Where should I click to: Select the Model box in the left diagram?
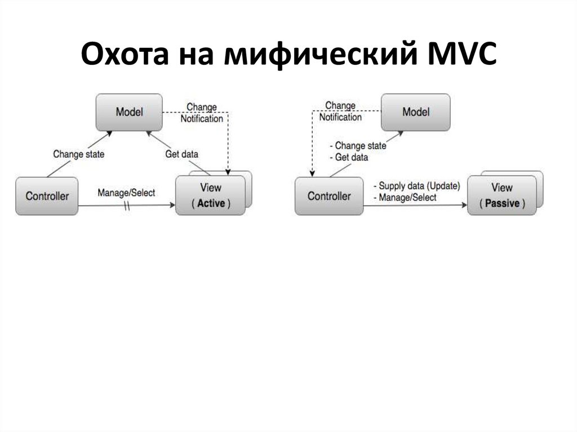tap(129, 112)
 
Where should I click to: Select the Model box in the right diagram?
tap(416, 112)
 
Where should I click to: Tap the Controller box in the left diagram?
tap(47, 196)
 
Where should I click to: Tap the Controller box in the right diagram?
tap(329, 196)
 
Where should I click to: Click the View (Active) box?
tap(210, 195)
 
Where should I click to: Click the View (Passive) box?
tap(501, 195)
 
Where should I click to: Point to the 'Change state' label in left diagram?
tap(79, 154)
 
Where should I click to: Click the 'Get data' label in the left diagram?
tap(181, 154)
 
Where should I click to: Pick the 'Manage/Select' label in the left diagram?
tap(126, 193)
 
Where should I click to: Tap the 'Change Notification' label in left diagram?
tap(201, 113)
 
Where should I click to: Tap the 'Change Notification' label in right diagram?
tap(340, 112)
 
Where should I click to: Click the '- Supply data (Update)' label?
tap(416, 186)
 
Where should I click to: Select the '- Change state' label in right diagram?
tap(358, 146)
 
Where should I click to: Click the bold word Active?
tap(211, 203)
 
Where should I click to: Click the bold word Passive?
tap(501, 203)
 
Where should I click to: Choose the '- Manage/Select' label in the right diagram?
tap(405, 198)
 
